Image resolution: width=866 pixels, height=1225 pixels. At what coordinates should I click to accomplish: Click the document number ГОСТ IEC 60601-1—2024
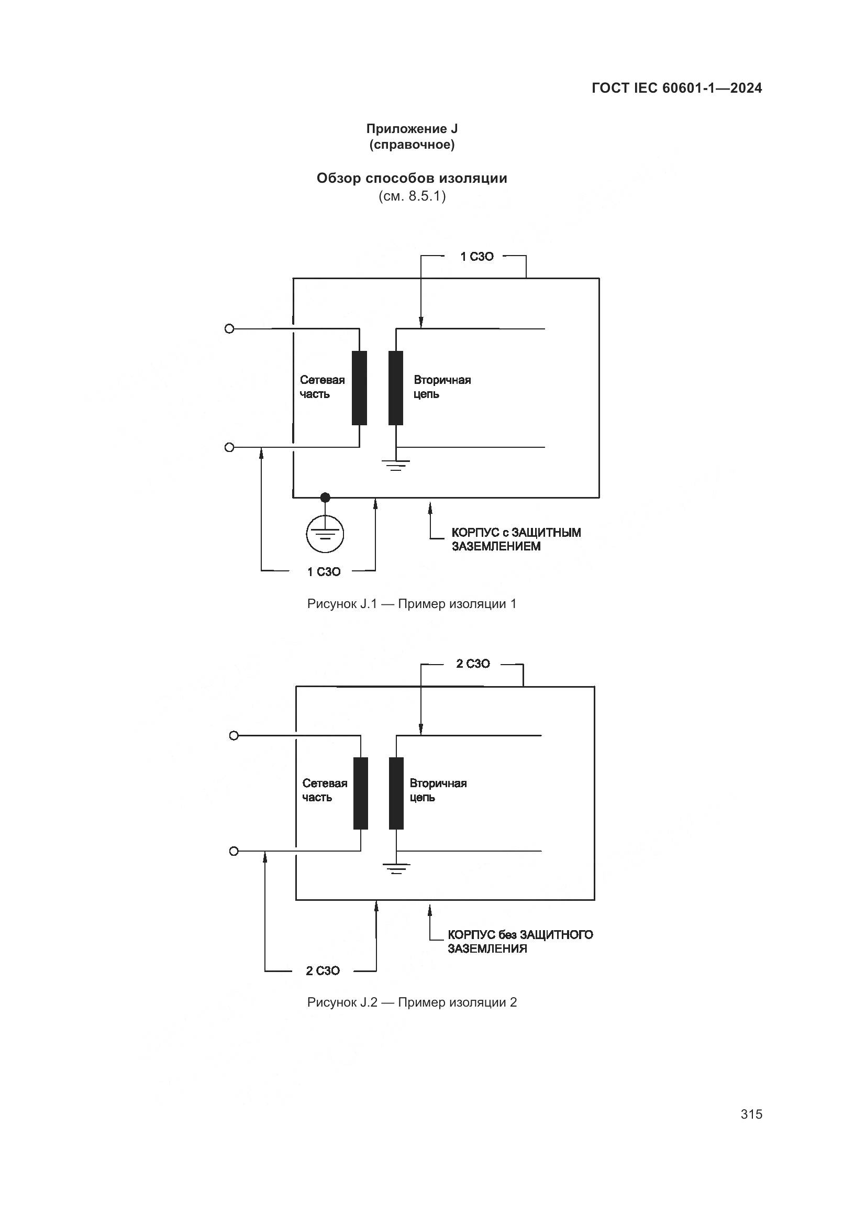point(676,89)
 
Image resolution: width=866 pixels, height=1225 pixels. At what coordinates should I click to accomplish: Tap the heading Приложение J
point(412,129)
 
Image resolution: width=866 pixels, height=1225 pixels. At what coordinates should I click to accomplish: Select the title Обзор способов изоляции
point(412,178)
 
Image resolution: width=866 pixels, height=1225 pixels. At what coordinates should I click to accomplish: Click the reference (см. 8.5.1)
point(412,196)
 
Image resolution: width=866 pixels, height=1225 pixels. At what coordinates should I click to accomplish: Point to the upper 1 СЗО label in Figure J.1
point(477,257)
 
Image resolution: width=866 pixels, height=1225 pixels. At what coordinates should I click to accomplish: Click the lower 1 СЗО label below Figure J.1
point(324,572)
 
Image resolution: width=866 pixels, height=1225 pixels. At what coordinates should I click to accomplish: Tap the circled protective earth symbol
point(325,534)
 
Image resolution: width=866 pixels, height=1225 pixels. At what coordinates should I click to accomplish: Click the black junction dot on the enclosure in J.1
point(325,498)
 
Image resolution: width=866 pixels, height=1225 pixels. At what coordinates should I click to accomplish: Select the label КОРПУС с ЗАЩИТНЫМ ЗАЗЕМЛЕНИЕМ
point(516,539)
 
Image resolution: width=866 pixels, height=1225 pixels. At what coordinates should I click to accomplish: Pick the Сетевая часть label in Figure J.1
point(322,387)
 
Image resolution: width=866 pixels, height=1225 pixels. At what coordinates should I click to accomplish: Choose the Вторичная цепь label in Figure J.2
point(438,790)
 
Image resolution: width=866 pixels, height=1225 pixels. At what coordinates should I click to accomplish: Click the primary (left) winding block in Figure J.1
point(359,388)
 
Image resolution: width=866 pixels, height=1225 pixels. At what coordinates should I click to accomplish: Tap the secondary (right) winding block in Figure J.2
point(396,793)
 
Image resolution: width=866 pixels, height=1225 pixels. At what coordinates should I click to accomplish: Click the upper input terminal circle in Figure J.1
point(229,329)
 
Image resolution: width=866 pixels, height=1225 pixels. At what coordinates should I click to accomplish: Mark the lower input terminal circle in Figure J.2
point(234,851)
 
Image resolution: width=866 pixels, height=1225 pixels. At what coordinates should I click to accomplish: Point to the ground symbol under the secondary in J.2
point(396,868)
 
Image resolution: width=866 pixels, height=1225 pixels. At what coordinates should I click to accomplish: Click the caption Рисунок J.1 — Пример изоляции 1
point(412,604)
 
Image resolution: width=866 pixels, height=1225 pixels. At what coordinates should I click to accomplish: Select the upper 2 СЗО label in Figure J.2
point(472,664)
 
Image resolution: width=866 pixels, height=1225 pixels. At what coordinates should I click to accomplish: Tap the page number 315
point(751,1114)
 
